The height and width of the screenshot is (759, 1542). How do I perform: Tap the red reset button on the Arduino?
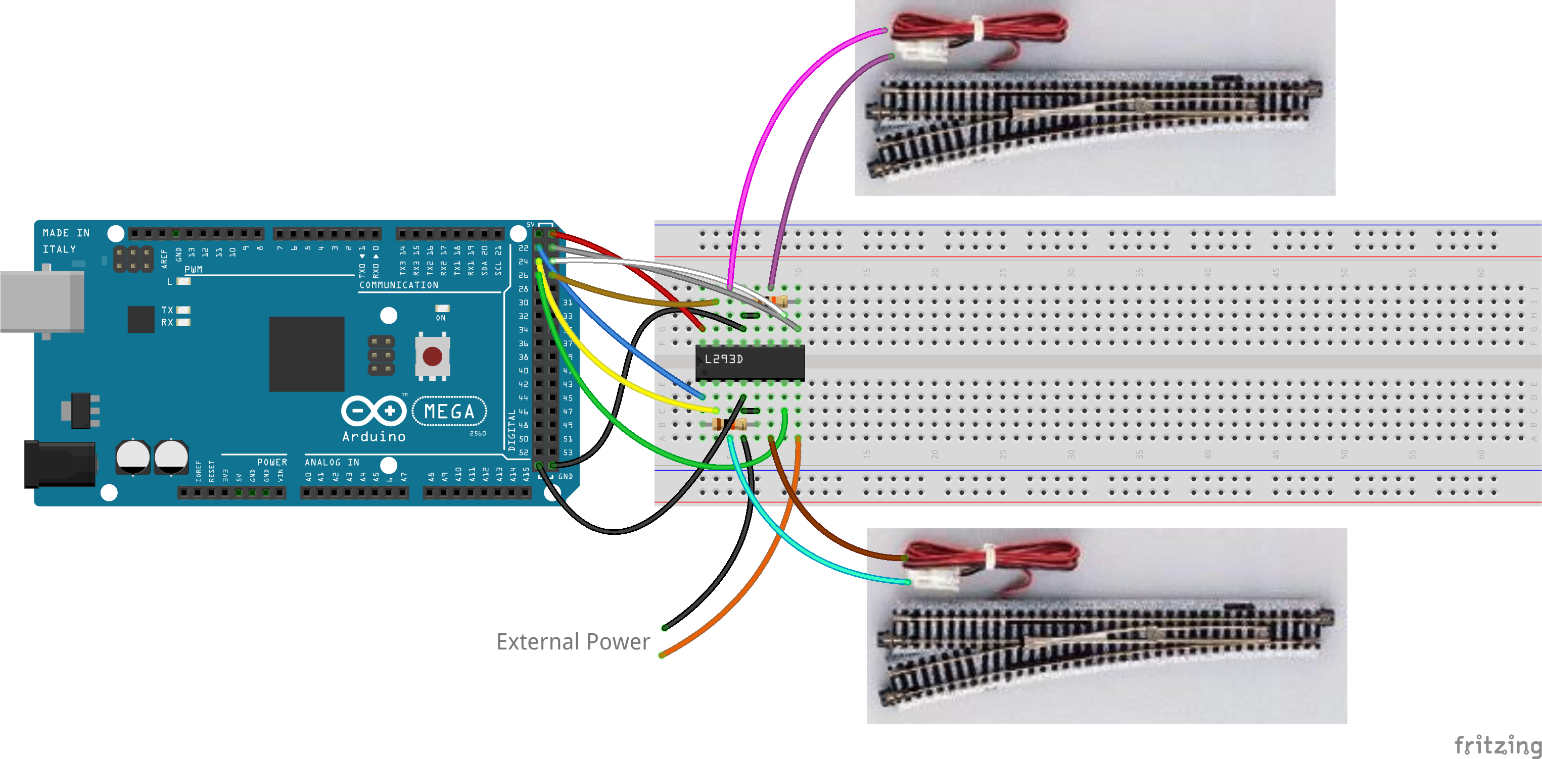[x=432, y=357]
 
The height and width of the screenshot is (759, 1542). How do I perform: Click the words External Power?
[x=572, y=642]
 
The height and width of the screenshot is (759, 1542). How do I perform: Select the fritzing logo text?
[x=1498, y=745]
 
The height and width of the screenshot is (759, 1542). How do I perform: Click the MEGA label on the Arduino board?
[x=449, y=412]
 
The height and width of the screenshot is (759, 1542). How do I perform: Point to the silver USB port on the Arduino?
[x=42, y=301]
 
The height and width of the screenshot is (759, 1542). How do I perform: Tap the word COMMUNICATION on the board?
[x=399, y=285]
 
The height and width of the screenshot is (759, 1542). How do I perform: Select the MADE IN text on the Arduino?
[x=66, y=233]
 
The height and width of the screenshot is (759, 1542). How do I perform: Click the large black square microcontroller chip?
[x=306, y=353]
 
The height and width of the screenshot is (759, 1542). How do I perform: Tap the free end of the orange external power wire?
[x=662, y=655]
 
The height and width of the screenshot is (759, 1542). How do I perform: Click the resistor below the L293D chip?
[x=729, y=425]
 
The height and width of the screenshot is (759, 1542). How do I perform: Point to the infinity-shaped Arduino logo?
[x=373, y=411]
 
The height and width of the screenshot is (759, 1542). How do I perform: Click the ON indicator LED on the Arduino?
[x=442, y=309]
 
